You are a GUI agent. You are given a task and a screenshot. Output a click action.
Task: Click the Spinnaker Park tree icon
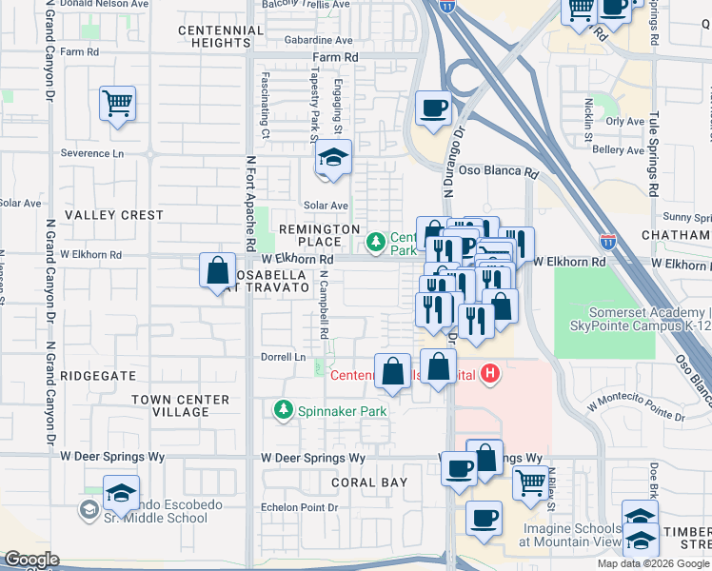coord(283,410)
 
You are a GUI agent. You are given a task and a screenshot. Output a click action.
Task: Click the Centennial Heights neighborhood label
coord(221,36)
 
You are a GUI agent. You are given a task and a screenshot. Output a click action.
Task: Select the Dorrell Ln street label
coord(285,358)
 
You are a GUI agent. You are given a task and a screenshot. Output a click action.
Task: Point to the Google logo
coord(30,560)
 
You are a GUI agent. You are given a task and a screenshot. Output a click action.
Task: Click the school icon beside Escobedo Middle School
coord(121,491)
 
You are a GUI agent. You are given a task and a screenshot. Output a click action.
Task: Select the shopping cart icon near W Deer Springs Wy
coord(530,482)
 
